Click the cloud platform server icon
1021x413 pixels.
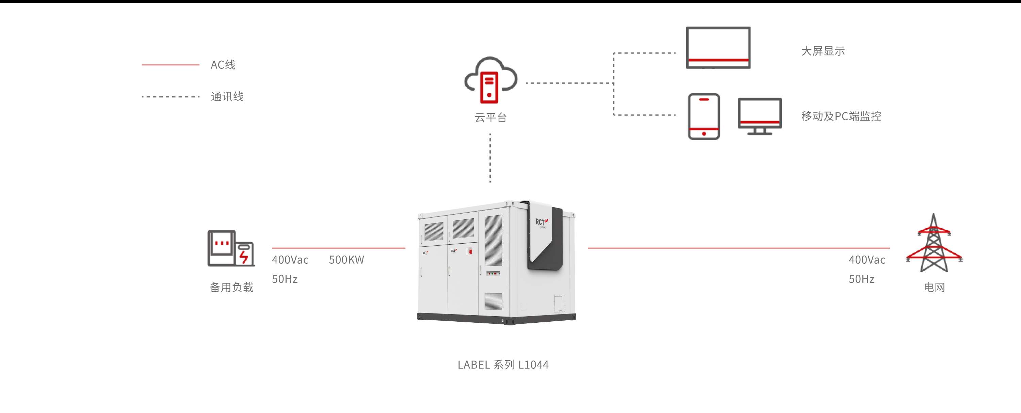tap(491, 80)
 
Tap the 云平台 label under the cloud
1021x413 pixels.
tap(491, 118)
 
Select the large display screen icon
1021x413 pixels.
tap(718, 48)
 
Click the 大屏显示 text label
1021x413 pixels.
tap(823, 51)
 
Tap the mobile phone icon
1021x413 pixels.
tap(703, 116)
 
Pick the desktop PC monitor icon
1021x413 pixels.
tap(759, 116)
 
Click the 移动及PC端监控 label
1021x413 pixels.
tap(841, 116)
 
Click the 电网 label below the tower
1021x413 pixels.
tap(934, 287)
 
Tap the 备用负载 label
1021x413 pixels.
tap(231, 287)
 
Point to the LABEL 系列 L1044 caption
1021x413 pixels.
tap(503, 365)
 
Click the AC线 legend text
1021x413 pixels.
tap(223, 65)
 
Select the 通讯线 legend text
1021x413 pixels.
tap(227, 96)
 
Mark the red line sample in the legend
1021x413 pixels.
tap(171, 65)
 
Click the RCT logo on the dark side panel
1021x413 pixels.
tap(541, 222)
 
